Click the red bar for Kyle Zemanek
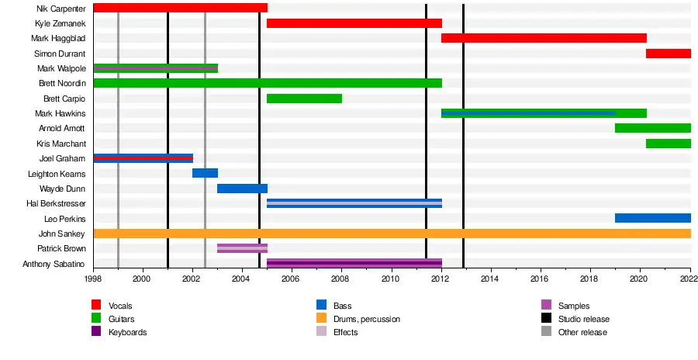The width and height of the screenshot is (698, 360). [x=354, y=23]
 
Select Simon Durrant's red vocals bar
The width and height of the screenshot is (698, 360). [x=668, y=54]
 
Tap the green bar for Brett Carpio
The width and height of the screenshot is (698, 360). [x=304, y=99]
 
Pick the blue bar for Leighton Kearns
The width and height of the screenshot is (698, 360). [x=205, y=173]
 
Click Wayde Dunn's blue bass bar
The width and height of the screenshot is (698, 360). [x=242, y=189]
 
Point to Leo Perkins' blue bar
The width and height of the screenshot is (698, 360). [x=652, y=218]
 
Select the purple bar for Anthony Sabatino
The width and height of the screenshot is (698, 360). [x=354, y=263]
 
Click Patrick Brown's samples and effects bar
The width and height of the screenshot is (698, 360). [x=242, y=248]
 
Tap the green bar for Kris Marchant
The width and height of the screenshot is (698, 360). [x=668, y=144]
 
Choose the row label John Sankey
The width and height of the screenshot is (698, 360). [x=62, y=234]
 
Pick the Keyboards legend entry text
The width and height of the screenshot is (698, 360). [x=127, y=332]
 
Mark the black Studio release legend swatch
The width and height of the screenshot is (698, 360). [x=546, y=319]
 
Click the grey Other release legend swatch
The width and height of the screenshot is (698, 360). [x=546, y=332]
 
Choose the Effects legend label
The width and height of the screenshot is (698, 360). [x=345, y=332]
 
